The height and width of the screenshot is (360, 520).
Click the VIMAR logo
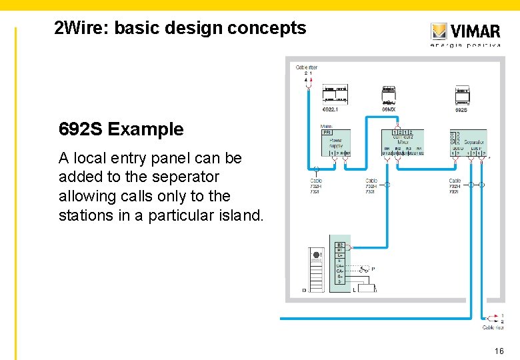click(x=465, y=32)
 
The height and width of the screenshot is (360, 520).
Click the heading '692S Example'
click(x=121, y=129)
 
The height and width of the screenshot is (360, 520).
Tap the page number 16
click(x=499, y=351)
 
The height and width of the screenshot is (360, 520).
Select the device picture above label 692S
click(x=461, y=95)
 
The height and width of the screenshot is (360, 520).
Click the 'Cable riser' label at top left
click(x=306, y=67)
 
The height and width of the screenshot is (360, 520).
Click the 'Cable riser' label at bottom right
click(x=493, y=327)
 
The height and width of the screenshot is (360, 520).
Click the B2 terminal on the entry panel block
click(x=340, y=245)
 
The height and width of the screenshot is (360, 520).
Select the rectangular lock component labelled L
click(x=365, y=289)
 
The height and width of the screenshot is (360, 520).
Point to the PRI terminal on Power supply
click(x=327, y=132)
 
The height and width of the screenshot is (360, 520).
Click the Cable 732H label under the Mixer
click(x=371, y=186)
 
